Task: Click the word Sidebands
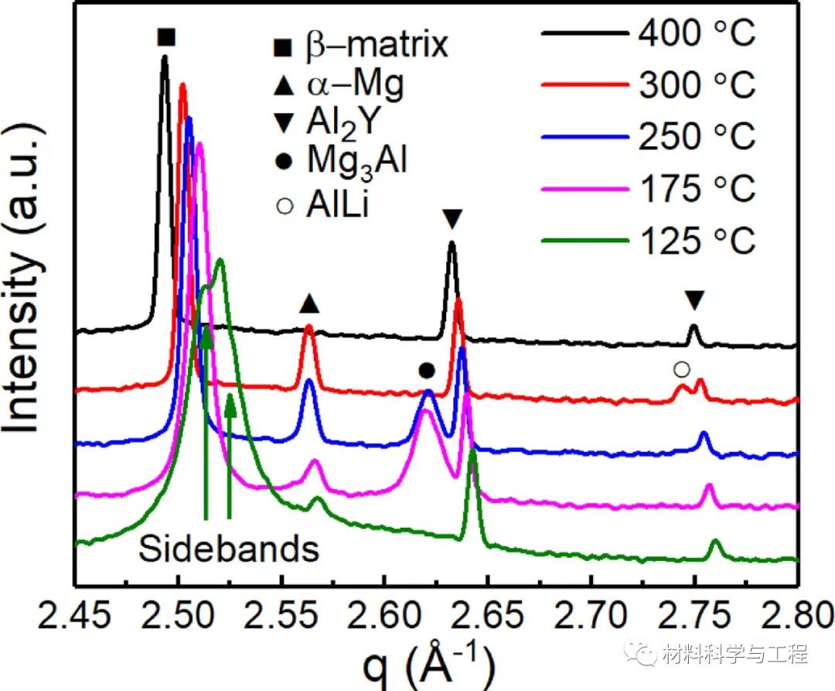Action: click(x=229, y=549)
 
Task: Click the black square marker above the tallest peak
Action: click(x=165, y=37)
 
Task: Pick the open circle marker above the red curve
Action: click(x=681, y=370)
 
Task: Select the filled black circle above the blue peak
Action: click(x=427, y=371)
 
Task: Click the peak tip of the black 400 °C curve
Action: click(x=164, y=56)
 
